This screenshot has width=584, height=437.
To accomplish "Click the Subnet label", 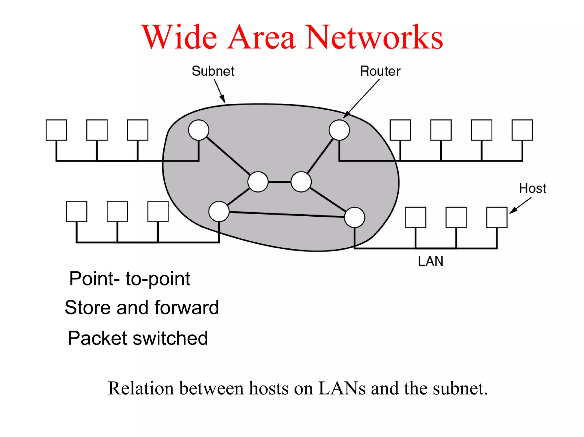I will pos(213,71).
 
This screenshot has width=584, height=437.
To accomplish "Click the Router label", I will pos(380,71).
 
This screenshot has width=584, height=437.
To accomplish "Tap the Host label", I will pos(532,188).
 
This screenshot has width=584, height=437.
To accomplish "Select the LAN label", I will pos(430,261).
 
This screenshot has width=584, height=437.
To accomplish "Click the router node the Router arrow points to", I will pos(339,130).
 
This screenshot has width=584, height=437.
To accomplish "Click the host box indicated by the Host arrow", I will pos(497,218).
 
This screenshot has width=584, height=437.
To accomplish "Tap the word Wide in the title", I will pos(180,37).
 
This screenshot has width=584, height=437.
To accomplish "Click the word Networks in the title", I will pos(374,37).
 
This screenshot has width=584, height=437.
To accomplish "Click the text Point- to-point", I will pos(130,279).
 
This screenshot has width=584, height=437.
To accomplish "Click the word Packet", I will pos(98,338).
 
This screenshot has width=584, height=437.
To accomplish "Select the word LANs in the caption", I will pos(342,388).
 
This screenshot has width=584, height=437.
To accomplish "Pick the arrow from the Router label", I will pos(362,98).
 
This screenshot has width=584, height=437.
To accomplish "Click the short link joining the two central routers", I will pos(279,182).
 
